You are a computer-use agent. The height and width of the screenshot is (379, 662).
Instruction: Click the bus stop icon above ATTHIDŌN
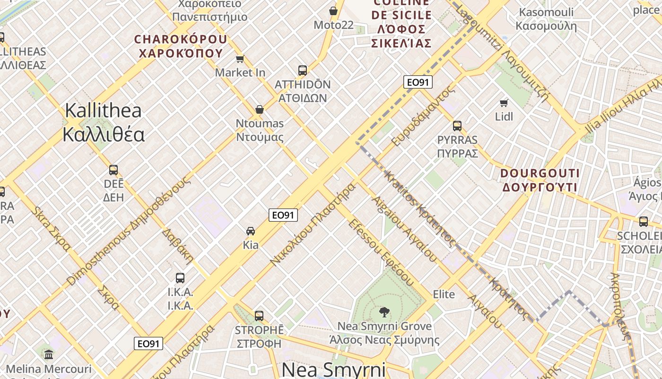click(x=303, y=71)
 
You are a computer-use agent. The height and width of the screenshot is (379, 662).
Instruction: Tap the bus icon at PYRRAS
click(x=457, y=126)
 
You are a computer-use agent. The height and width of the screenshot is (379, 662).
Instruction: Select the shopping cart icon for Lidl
click(x=504, y=102)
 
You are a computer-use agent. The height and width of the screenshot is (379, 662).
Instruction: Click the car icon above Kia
click(x=251, y=231)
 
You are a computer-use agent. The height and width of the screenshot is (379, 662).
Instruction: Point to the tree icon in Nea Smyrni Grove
click(x=384, y=312)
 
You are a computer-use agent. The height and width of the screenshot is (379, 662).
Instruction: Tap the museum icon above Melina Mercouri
click(x=49, y=354)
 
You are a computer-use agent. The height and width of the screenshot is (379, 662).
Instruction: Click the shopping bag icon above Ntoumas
click(x=259, y=109)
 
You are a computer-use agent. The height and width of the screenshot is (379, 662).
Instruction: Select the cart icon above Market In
click(x=240, y=59)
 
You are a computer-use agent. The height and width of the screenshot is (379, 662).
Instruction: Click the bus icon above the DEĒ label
click(x=113, y=170)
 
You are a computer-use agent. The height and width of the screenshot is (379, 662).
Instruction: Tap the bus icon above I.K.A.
click(x=180, y=278)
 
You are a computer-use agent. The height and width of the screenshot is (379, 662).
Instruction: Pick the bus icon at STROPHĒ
click(x=259, y=316)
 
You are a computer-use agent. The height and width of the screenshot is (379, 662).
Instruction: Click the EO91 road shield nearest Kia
click(x=284, y=215)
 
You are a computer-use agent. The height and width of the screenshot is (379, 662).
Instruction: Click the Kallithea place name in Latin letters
click(x=103, y=111)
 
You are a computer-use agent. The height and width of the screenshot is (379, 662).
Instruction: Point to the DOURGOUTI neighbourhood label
click(x=540, y=173)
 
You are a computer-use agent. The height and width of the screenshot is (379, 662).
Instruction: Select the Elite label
click(x=444, y=294)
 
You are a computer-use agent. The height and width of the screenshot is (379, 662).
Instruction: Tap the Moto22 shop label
click(x=333, y=25)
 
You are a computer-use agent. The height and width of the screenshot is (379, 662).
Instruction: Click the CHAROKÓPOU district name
click(x=181, y=39)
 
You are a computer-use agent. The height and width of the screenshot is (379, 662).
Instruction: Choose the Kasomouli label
click(x=546, y=12)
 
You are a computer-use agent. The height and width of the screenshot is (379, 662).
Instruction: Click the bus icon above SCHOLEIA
click(x=643, y=221)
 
